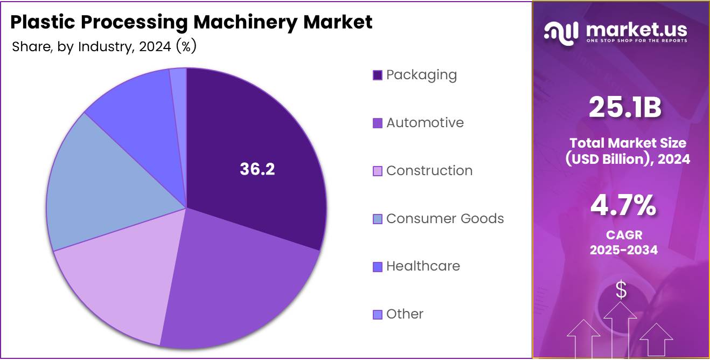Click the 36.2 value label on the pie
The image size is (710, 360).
(x=257, y=169)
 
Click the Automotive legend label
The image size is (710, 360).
(x=424, y=123)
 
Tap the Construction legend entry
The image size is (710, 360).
(x=429, y=171)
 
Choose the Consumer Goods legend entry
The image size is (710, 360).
(x=445, y=219)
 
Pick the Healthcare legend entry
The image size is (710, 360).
(x=423, y=266)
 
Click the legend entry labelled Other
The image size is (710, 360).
(x=405, y=314)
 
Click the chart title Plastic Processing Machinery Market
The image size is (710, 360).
(x=191, y=22)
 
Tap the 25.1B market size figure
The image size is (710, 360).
(x=624, y=107)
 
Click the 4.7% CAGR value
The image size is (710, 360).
(x=623, y=205)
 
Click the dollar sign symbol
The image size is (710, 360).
(x=621, y=290)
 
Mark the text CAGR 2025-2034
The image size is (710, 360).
(x=623, y=243)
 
